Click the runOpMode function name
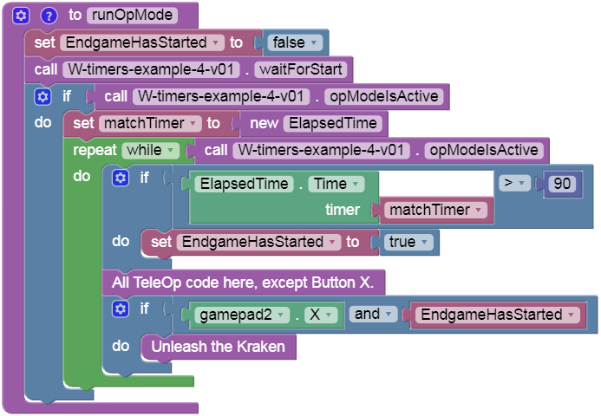(132, 15)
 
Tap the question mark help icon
(49, 16)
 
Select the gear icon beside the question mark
(23, 16)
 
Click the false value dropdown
(296, 42)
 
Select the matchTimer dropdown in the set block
(152, 123)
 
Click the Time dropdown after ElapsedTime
(336, 184)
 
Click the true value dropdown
(408, 243)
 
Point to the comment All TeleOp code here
(248, 283)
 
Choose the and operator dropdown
(375, 315)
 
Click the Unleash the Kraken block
(218, 347)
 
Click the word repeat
(95, 150)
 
